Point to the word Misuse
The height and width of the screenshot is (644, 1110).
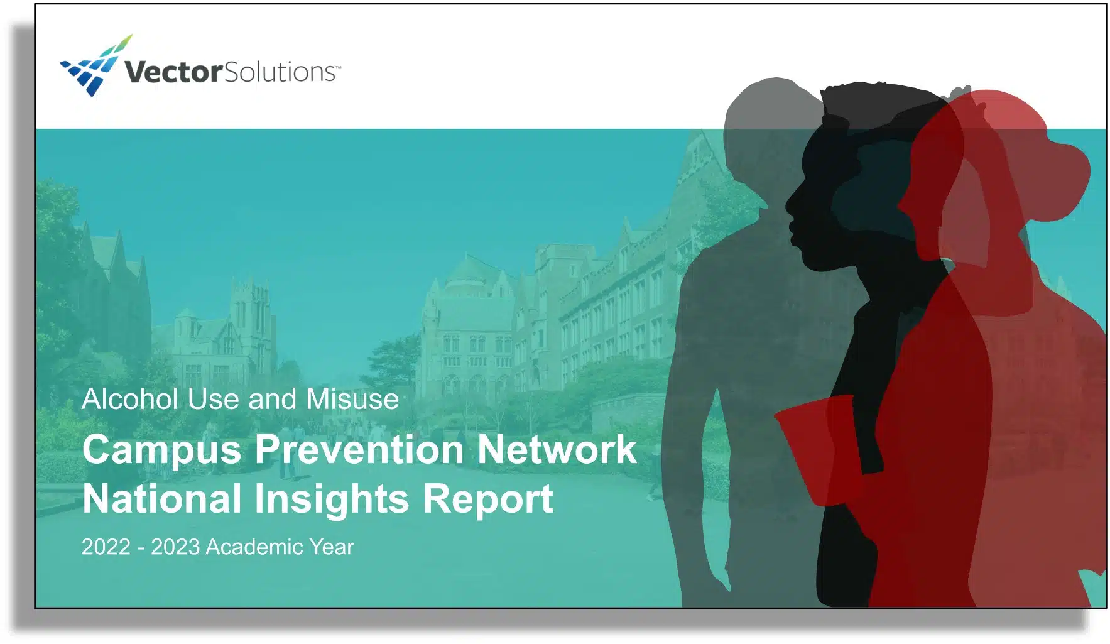(352, 399)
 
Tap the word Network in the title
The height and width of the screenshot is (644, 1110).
(557, 449)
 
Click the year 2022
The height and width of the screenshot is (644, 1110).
(106, 547)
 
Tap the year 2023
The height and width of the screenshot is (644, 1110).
(175, 547)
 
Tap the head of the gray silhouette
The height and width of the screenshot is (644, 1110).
(773, 123)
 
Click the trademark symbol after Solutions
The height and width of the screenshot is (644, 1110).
(338, 66)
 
